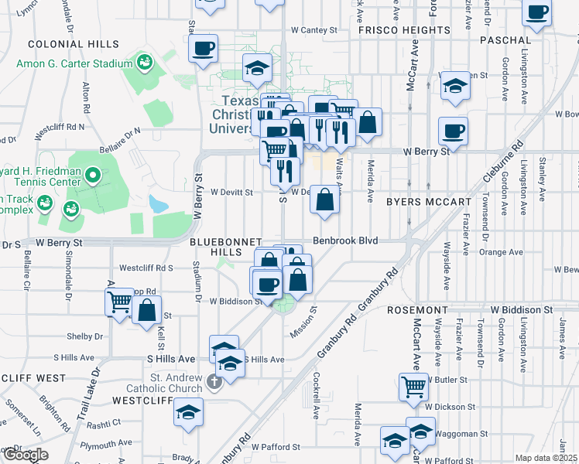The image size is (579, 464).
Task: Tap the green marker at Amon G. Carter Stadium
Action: (143, 61)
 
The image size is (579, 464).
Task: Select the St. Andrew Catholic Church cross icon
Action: (214, 381)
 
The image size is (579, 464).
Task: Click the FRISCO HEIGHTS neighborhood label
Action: (404, 30)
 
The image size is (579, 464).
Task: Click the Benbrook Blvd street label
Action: (345, 241)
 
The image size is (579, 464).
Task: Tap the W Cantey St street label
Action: (314, 30)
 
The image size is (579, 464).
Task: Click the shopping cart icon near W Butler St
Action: (413, 386)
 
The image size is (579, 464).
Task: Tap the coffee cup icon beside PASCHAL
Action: (536, 12)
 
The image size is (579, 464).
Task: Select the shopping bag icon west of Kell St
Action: (146, 312)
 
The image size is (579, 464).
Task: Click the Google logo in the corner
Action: (26, 455)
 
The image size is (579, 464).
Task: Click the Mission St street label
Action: (303, 322)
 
